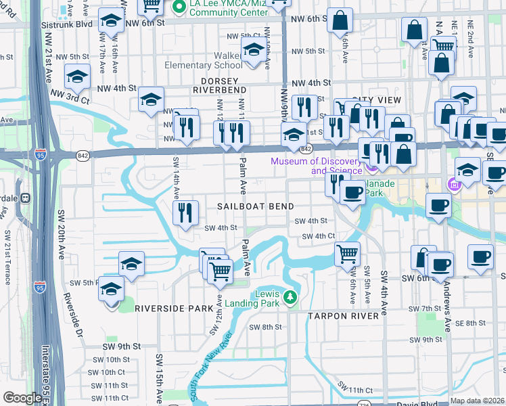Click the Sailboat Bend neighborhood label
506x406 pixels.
[x=255, y=206]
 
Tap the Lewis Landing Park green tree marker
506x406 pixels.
[x=290, y=297]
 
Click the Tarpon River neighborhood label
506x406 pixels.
[x=342, y=316]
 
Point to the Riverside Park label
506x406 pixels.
[x=174, y=308]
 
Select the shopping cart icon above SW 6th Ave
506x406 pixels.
[x=348, y=254]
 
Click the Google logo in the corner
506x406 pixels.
[x=22, y=398]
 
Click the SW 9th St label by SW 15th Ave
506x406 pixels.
[x=122, y=346]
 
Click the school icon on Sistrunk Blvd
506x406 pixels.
[x=112, y=23]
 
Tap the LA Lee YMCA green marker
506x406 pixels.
[x=179, y=7]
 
